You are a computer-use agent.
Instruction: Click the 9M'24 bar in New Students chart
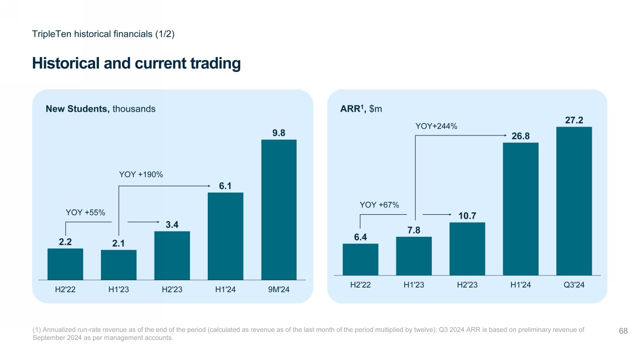(279, 210)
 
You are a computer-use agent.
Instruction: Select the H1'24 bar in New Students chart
(225, 236)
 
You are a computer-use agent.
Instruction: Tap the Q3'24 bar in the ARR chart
(574, 201)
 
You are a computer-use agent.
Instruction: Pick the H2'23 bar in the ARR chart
(467, 249)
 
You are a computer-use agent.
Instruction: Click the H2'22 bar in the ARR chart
(360, 259)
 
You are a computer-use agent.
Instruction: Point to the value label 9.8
(279, 132)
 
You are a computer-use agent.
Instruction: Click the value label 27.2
(574, 120)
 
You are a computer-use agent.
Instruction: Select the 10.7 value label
(467, 215)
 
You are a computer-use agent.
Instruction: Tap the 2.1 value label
(119, 243)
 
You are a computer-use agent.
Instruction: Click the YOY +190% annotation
(141, 174)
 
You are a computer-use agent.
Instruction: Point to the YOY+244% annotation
(437, 127)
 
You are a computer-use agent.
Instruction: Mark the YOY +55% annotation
(86, 212)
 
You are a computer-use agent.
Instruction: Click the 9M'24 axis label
(279, 290)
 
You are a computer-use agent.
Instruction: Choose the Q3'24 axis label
(574, 285)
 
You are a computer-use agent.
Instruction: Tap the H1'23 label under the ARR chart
(414, 285)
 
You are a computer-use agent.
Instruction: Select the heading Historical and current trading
(136, 64)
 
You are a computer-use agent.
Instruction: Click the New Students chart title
(100, 109)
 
